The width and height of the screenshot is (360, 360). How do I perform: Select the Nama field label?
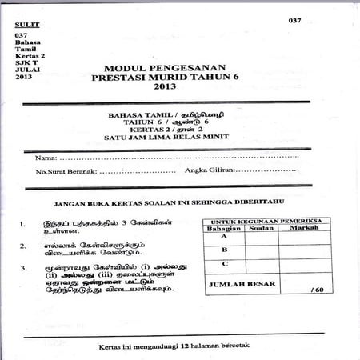pyautogui.click(x=46, y=154)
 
